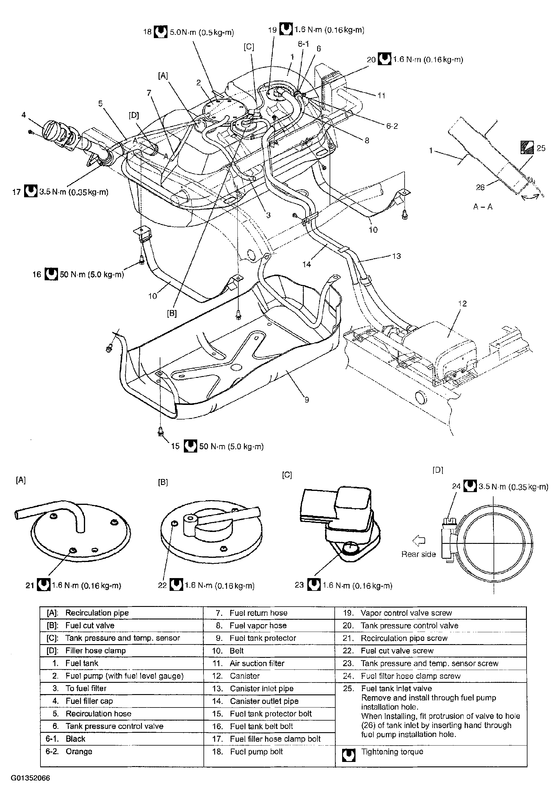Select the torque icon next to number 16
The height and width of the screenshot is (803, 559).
click(x=51, y=274)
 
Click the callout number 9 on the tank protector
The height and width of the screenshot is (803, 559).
click(x=307, y=400)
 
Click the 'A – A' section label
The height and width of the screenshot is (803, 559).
click(x=483, y=207)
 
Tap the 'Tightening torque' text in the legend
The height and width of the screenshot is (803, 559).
click(x=392, y=752)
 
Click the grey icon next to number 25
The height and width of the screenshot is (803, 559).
click(x=527, y=147)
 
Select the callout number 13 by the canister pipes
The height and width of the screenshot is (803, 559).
click(x=396, y=256)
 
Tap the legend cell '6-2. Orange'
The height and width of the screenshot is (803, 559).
click(x=79, y=751)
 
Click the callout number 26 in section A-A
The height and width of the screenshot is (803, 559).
click(x=480, y=187)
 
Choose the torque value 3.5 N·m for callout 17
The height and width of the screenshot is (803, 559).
click(x=74, y=192)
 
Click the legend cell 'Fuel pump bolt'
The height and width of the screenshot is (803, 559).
click(x=256, y=751)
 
